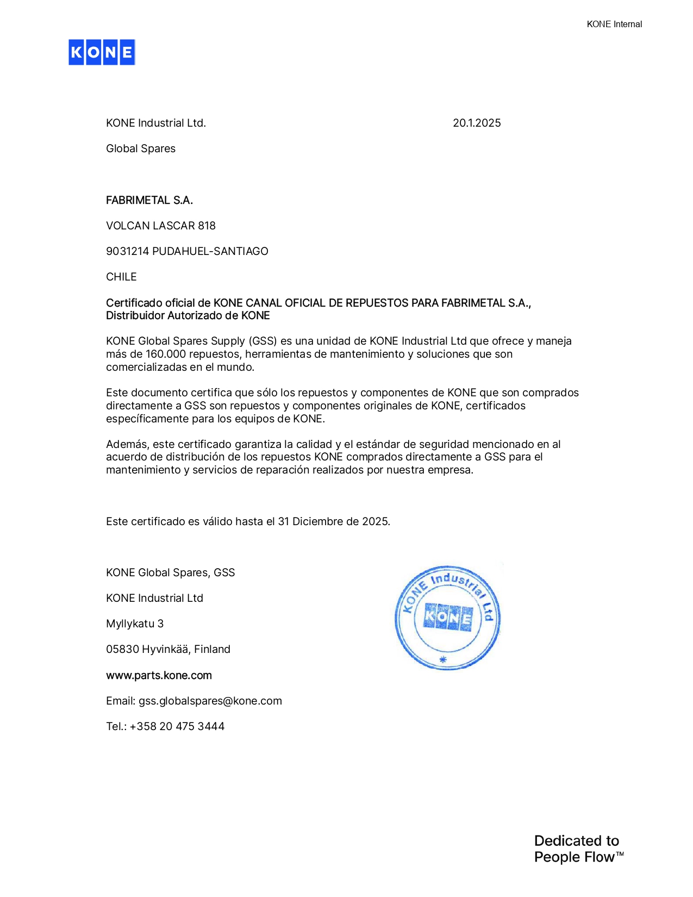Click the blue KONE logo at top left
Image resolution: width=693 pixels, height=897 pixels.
point(102,52)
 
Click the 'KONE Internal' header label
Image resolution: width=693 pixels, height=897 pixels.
point(614,24)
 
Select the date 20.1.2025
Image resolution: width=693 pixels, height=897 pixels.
point(477,123)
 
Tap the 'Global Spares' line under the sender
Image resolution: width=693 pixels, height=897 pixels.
point(141,148)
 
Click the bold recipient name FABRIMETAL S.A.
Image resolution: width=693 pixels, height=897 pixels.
point(149,200)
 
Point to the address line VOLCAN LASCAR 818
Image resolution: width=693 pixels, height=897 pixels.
point(161,226)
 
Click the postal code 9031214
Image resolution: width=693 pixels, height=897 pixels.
point(128,251)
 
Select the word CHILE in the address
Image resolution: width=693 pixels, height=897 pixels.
point(121,277)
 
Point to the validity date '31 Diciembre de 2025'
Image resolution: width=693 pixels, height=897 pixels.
point(333,521)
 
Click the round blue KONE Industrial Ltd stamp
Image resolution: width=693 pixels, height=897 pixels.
point(447,618)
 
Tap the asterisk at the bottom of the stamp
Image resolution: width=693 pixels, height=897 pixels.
point(443,659)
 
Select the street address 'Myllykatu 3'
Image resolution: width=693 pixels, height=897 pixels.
point(135,624)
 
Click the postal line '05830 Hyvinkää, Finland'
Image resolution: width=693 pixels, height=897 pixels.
point(168,649)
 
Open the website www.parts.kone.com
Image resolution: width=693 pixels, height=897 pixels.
point(159,675)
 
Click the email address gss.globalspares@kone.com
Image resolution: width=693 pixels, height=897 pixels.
point(210,701)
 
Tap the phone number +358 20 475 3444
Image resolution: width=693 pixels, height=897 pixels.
point(177,726)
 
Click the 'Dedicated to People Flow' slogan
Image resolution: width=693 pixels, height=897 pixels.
point(578,849)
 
